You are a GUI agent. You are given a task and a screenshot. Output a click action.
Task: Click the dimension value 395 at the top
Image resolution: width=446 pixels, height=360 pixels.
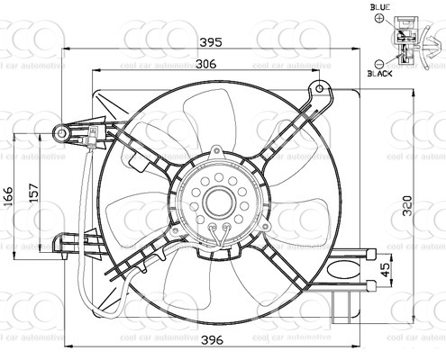[x=211, y=41]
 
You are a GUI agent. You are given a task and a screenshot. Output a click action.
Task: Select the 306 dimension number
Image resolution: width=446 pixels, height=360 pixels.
[x=206, y=63]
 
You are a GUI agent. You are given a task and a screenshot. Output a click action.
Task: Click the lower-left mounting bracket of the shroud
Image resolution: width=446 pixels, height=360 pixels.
[x=68, y=243]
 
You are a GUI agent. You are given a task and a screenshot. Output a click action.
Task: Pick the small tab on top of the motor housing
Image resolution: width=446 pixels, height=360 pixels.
[x=216, y=152]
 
